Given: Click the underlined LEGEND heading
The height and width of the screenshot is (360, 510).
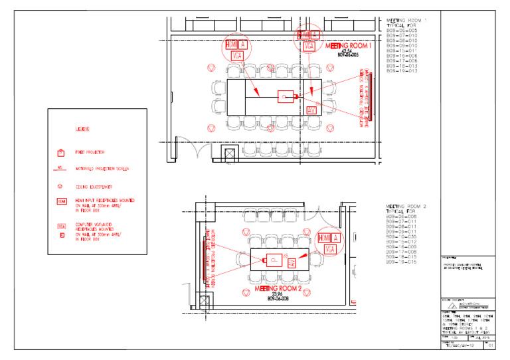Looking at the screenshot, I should [x=82, y=128].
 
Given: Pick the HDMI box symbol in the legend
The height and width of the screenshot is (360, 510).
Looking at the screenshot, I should [x=61, y=201].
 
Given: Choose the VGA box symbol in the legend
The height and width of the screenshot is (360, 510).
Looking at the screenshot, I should [x=61, y=226].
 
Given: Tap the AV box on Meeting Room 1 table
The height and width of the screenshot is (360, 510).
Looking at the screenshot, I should [x=311, y=109].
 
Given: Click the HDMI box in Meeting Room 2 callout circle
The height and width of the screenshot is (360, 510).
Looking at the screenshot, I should [x=324, y=238].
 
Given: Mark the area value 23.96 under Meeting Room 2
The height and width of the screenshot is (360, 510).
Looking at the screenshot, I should [x=278, y=296].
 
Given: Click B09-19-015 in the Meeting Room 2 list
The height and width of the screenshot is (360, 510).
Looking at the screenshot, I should [x=401, y=263].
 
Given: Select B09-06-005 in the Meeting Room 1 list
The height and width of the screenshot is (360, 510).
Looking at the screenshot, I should [x=402, y=31].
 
